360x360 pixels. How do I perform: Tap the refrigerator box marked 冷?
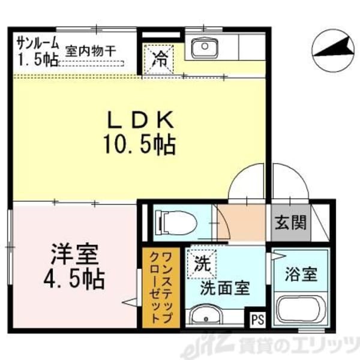[159, 59]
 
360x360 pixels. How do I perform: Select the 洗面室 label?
[225, 288]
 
